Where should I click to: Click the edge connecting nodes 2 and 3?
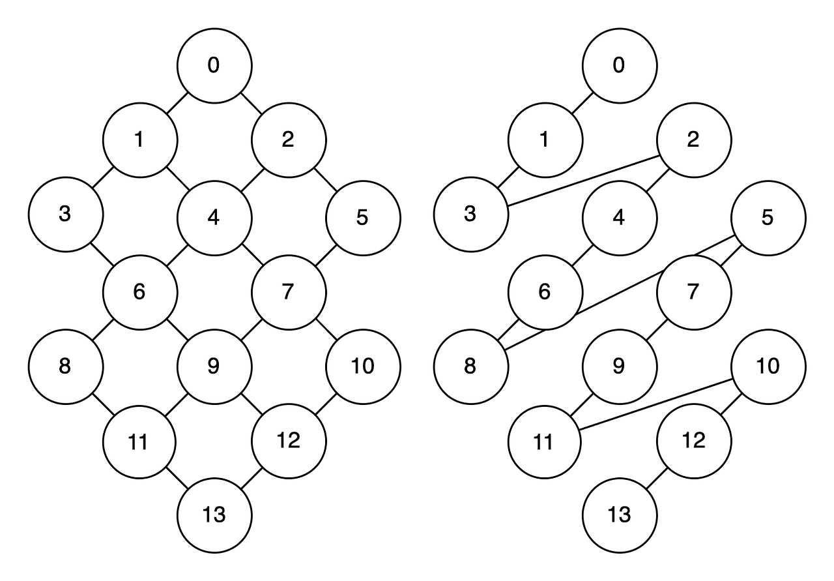tap(582, 181)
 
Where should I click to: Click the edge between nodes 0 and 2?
tap(251, 103)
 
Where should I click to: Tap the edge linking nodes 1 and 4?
tap(177, 178)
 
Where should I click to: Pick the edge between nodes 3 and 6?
tap(102, 253)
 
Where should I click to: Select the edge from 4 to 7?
tap(252, 253)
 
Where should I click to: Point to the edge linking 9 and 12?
tap(251, 403)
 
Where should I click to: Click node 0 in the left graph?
tap(214, 65)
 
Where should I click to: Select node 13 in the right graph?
tap(620, 515)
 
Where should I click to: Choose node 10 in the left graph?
tap(363, 366)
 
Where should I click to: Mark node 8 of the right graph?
tap(470, 366)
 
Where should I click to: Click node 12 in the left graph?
tap(289, 441)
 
